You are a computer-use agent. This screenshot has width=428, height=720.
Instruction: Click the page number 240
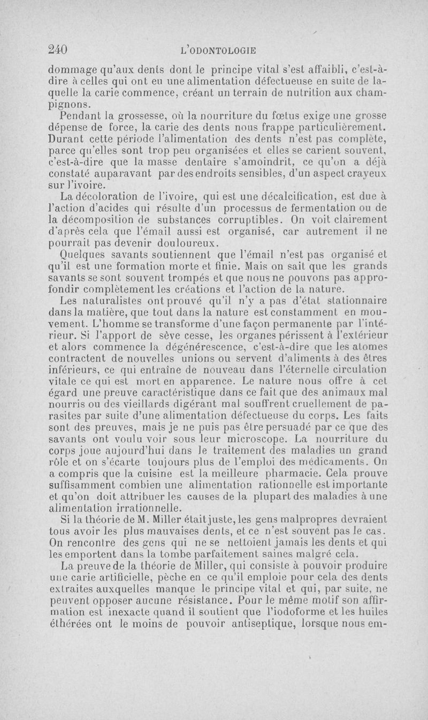57,50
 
